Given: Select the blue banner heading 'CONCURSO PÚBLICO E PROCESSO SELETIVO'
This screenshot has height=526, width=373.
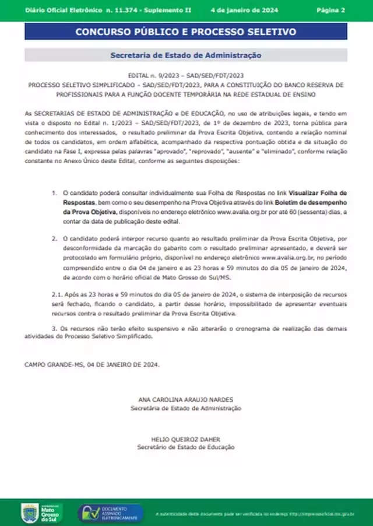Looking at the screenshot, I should (x=185, y=31).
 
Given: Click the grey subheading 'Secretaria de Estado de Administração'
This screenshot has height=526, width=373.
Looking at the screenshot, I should (x=185, y=55).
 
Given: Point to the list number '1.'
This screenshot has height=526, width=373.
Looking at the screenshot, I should (x=54, y=192).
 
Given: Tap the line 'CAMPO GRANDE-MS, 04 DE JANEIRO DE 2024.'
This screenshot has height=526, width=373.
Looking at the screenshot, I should (x=92, y=364).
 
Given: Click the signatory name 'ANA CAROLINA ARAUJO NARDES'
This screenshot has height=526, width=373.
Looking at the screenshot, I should (x=185, y=399).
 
